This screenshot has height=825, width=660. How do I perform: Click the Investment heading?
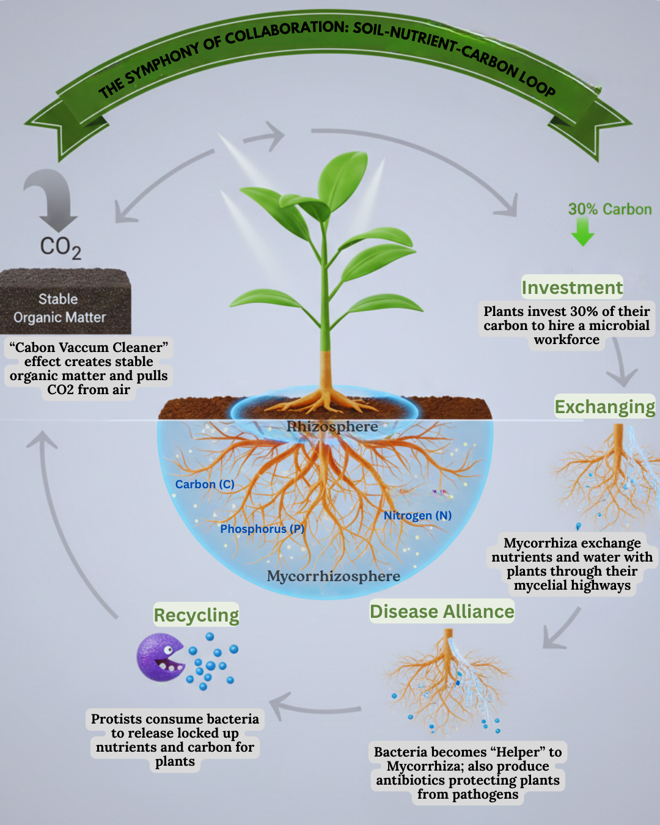pos(572,287)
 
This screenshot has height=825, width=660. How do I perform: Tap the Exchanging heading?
pos(604,406)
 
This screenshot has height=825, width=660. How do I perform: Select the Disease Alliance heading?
pos(442,611)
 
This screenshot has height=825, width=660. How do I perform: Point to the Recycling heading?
pos(196,615)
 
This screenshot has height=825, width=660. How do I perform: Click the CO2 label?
pos(61,248)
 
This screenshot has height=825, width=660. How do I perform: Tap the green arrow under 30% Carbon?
pos(583,232)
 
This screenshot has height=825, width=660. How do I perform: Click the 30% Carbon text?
pos(609,209)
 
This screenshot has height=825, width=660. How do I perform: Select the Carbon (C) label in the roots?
pos(205,484)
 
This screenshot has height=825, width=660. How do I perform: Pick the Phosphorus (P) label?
pos(262,529)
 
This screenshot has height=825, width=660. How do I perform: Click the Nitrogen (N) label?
pos(417,515)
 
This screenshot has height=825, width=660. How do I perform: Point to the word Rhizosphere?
pos(332,427)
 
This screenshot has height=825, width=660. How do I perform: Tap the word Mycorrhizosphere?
pos(334,576)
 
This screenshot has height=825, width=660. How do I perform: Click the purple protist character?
pos(159,658)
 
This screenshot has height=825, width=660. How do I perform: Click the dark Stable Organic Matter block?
pos(65,302)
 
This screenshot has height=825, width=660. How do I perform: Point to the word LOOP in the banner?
pos(537,82)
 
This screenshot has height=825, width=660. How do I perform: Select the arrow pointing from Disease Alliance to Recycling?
pos(315,707)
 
